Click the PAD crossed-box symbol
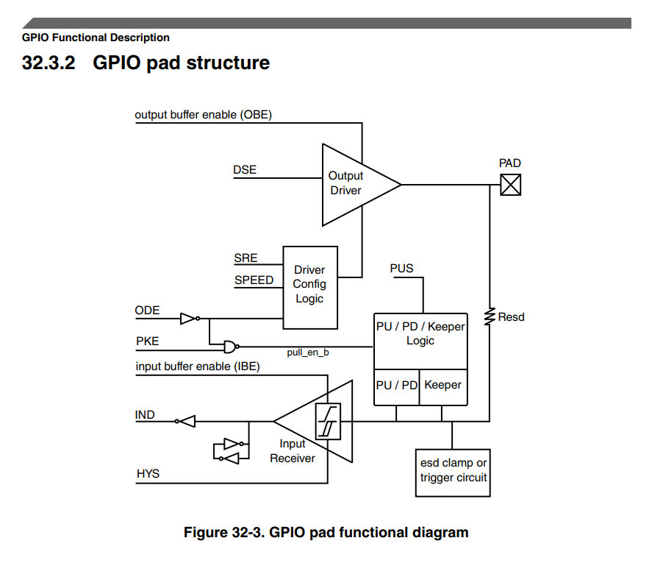(x=510, y=184)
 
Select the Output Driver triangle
(x=353, y=184)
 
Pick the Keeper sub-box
(x=443, y=386)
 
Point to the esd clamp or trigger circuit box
(x=454, y=470)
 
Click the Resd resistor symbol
(x=489, y=317)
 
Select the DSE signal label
(x=245, y=170)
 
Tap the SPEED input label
(x=254, y=280)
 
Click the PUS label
(x=402, y=269)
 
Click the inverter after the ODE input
(x=189, y=319)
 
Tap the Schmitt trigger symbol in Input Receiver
(x=328, y=422)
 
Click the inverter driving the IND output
(x=185, y=422)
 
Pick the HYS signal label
(x=148, y=474)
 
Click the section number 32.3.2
(x=49, y=63)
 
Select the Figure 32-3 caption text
(x=326, y=532)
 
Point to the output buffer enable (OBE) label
(x=204, y=115)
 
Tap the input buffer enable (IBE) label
(x=198, y=367)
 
